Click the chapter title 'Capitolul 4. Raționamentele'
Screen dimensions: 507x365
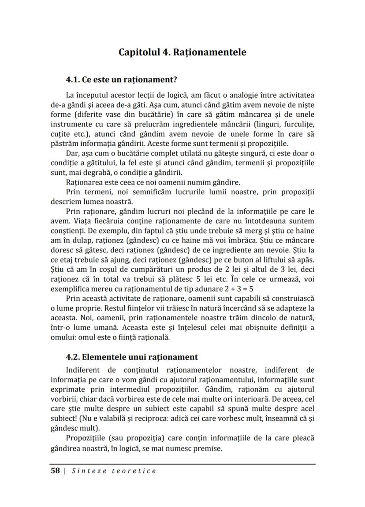[x=182, y=52]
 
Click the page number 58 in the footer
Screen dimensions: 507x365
[x=55, y=471]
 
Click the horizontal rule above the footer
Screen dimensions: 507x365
[x=182, y=464]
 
